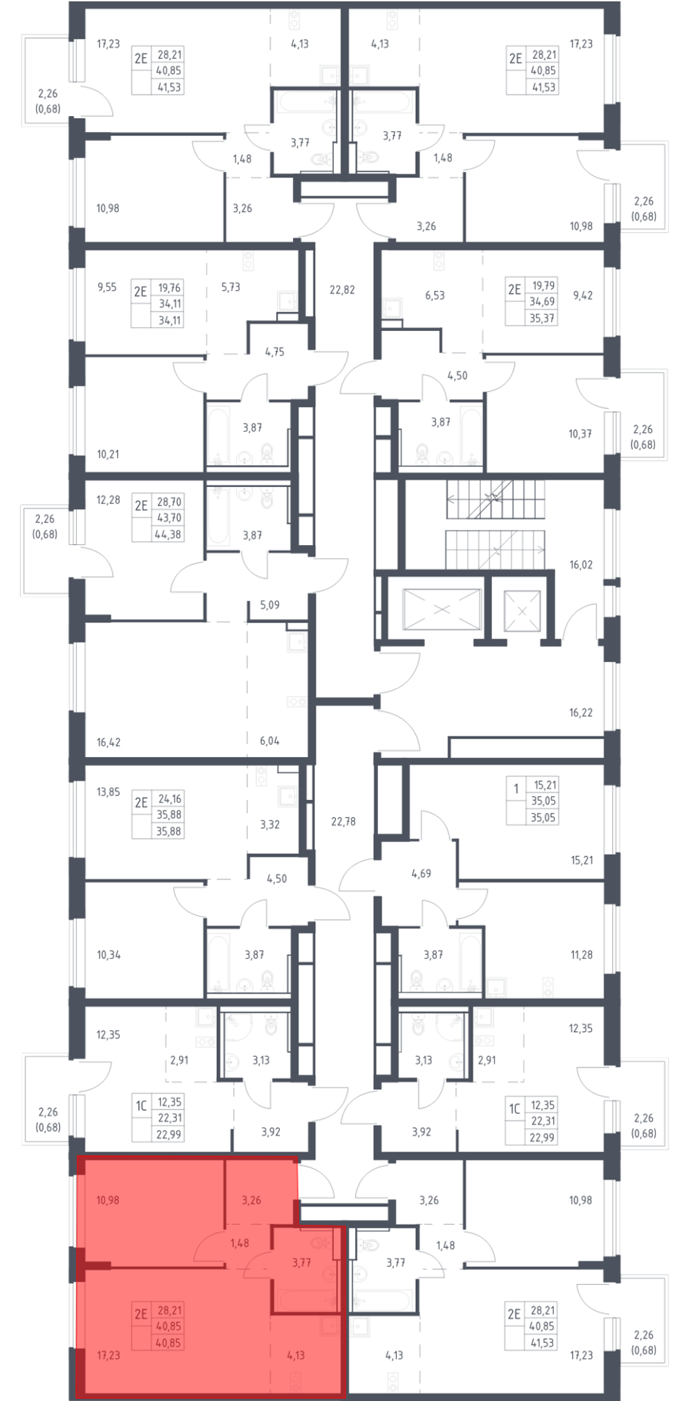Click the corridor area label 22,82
coord(342,290)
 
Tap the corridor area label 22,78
coord(343,821)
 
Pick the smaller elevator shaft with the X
coord(522,611)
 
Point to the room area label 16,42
coord(108,743)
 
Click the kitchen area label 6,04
coord(269,741)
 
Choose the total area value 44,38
coord(169,534)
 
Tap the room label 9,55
coord(107,287)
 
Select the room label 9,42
coord(583,295)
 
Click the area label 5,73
coord(231,287)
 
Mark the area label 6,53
coord(435,295)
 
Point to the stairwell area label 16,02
coord(581,564)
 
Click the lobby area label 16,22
coord(581,712)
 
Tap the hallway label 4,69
coord(421,873)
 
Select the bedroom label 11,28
coord(582,955)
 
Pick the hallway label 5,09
coord(269,604)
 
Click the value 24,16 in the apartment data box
coord(169,799)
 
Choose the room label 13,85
coord(108,792)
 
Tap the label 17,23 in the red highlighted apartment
coord(108,1355)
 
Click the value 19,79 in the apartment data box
coord(543,285)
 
